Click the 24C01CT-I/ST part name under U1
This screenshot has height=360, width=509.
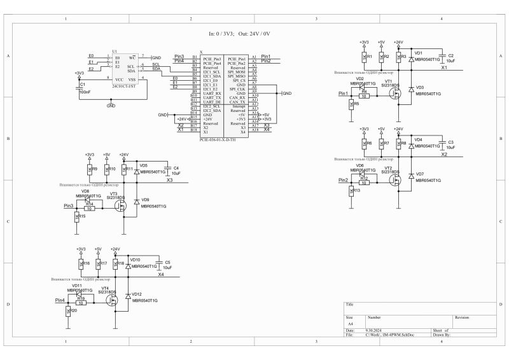click(123, 85)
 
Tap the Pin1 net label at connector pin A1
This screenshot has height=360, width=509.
click(265, 57)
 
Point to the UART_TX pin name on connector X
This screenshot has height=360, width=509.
click(212, 97)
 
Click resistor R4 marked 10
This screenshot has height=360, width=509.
click(364, 95)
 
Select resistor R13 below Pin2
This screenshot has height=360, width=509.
click(351, 191)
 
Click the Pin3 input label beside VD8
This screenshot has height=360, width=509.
click(69, 206)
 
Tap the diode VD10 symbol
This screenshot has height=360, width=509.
click(129, 266)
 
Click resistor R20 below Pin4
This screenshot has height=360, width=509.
click(68, 311)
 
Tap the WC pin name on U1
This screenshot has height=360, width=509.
click(133, 57)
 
